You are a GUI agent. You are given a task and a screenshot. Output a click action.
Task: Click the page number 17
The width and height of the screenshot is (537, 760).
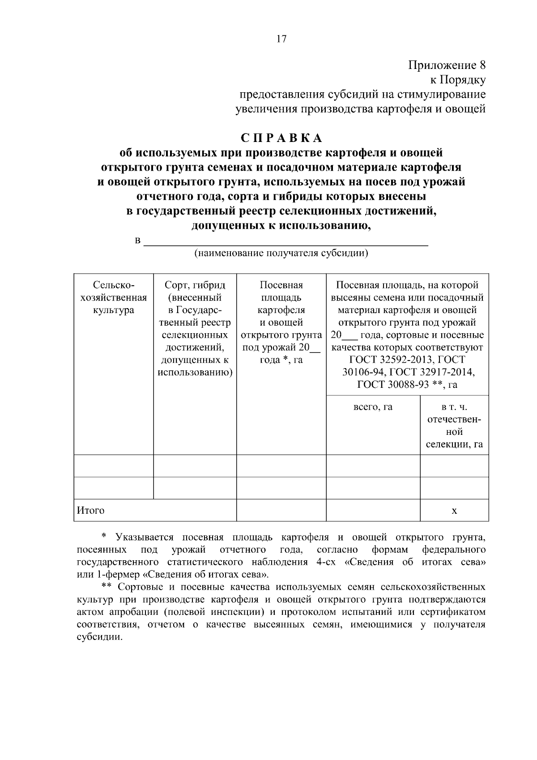coord(281,39)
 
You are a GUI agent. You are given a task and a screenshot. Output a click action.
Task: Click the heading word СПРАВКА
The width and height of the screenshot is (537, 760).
coord(281,138)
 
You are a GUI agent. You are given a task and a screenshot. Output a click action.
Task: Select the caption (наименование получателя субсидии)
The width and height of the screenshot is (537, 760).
coord(281,253)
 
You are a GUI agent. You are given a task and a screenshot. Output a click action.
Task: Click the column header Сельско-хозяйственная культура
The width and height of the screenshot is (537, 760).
coord(114,297)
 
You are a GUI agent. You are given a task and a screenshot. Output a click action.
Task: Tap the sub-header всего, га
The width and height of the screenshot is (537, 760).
coord(373,407)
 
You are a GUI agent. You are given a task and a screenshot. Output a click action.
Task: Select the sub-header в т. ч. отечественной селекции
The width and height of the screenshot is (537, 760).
coord(454,425)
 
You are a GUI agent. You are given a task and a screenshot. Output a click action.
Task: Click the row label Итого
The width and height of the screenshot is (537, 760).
coord(91,510)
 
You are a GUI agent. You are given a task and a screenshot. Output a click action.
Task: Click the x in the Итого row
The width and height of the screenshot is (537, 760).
coord(454,511)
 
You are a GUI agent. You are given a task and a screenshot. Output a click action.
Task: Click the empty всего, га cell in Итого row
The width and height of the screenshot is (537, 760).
coord(373,511)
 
